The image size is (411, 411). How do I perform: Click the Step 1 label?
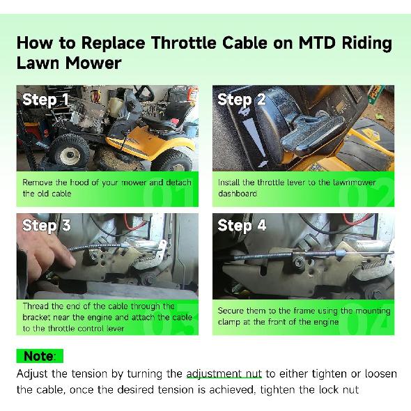tap(46, 99)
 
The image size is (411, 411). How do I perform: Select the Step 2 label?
tap(242, 99)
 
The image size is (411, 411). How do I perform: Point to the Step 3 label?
tap(46, 225)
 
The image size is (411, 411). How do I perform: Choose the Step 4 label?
tap(242, 225)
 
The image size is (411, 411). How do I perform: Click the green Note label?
tap(38, 356)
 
